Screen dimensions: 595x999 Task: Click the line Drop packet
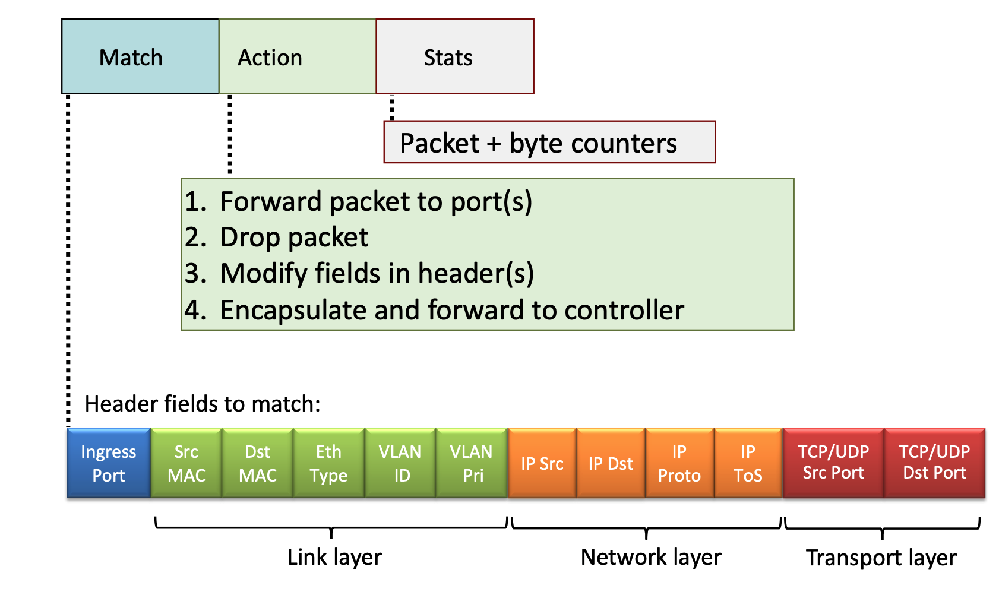coord(294,238)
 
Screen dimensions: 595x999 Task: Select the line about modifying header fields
coord(377,274)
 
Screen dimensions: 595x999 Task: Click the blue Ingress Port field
coord(109,463)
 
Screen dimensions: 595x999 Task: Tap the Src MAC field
coord(186,463)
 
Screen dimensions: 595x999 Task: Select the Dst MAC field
coord(258,463)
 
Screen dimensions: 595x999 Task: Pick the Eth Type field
coord(328,463)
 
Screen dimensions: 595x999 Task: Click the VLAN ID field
coord(400,463)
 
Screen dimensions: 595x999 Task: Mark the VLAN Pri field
coord(472,463)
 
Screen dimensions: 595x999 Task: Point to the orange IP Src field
coord(542,463)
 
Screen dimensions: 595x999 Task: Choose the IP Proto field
coord(679,463)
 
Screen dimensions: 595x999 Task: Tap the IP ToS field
coord(748,463)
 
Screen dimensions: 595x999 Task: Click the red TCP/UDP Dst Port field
coord(934,463)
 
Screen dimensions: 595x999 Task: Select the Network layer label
coord(651,558)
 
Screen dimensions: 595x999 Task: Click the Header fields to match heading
coord(203,404)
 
